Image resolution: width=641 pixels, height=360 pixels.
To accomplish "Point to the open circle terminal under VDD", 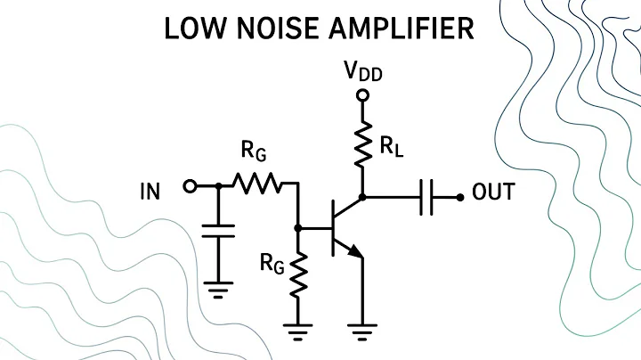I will pos(363,94).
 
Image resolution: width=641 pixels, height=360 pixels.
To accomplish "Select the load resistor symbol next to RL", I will pos(363,146).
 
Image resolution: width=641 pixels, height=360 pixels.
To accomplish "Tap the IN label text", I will pos(150,191).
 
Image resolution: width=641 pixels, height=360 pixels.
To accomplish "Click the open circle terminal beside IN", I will pos(188,186).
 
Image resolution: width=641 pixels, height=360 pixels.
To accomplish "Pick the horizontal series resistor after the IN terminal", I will pos(258,186).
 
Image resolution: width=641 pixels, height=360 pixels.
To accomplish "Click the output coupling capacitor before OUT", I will pos(426,196).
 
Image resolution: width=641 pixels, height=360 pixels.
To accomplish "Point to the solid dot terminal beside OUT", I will pos(460,196).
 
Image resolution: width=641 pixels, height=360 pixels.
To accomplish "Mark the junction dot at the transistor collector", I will pos(363,196).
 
